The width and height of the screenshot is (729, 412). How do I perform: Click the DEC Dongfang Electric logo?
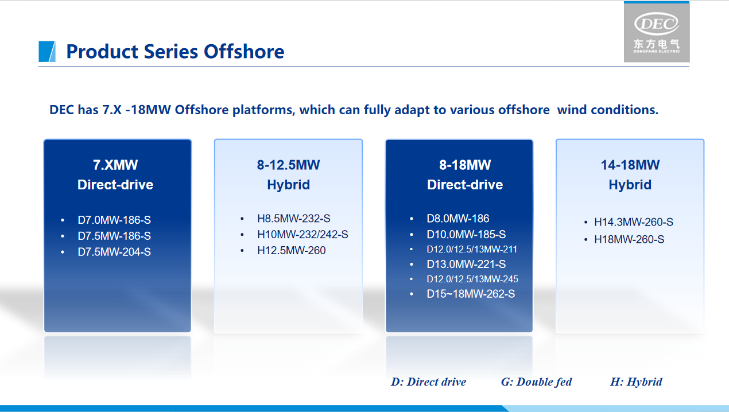tap(657, 32)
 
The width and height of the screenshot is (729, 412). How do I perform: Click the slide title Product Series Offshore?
tap(175, 52)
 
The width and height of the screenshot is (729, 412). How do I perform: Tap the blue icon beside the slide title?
tap(47, 52)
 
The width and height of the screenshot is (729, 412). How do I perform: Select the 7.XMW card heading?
tap(115, 175)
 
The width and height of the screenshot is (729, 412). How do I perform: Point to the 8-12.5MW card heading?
tap(288, 175)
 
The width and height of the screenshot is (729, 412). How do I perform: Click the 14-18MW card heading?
tap(630, 175)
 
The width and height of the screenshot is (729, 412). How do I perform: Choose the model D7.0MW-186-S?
tap(114, 220)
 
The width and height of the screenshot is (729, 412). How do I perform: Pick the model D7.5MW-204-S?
tap(114, 252)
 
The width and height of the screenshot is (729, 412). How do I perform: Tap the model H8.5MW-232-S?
tap(293, 219)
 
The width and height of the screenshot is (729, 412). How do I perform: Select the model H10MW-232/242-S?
tap(303, 234)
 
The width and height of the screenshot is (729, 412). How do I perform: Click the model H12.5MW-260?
tap(291, 250)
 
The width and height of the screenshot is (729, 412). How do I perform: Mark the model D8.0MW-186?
tap(458, 219)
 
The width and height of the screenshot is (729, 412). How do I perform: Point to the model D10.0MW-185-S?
tap(466, 234)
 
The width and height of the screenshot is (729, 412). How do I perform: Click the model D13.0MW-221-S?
tap(466, 265)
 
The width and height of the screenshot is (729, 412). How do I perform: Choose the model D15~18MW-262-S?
tap(471, 294)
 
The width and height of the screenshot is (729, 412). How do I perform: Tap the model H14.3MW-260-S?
tap(634, 222)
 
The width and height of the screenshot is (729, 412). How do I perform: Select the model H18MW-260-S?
tap(629, 239)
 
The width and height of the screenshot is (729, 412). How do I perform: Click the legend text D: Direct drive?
tap(429, 382)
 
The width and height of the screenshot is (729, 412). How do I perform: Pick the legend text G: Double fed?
tap(536, 382)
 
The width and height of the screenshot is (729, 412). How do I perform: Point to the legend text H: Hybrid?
tap(636, 382)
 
